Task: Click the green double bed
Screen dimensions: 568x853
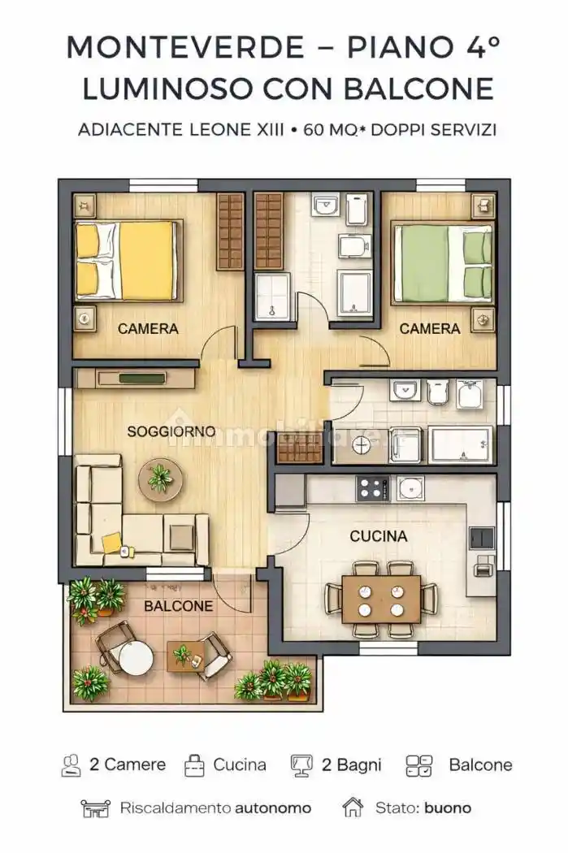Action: (443, 262)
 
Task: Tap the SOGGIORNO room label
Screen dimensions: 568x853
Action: (171, 431)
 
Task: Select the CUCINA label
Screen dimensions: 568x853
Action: (378, 536)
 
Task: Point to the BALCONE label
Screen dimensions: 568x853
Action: (179, 606)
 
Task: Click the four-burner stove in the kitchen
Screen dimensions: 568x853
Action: (373, 488)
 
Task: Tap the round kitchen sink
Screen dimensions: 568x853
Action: (410, 488)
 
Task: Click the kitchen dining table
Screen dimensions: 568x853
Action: (381, 599)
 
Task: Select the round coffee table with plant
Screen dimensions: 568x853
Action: (160, 479)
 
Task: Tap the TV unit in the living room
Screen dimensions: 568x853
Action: (136, 379)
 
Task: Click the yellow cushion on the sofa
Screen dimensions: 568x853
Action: (111, 543)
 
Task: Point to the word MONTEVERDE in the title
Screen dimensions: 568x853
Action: (185, 47)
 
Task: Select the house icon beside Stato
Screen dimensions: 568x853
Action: (353, 808)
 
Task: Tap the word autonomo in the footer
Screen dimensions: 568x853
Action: (273, 808)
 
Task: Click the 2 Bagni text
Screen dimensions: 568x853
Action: (352, 765)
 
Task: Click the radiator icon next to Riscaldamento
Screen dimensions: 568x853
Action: (95, 808)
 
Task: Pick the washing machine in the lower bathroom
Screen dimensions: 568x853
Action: (362, 446)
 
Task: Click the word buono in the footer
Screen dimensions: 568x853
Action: (447, 808)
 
